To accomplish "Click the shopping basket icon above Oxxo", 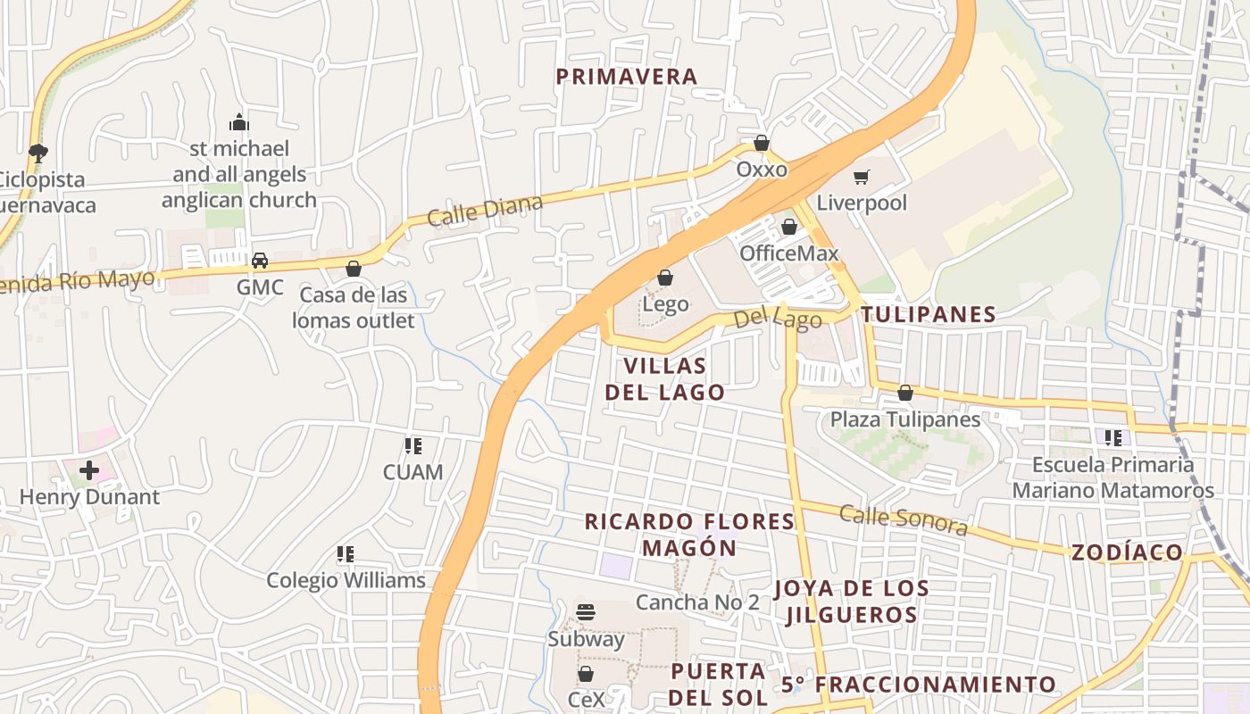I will tap(762, 143).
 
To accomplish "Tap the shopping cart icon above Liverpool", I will tap(861, 177).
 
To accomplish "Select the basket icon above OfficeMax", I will tap(789, 228).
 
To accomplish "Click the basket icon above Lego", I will tap(665, 278).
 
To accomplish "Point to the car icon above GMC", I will tap(260, 261).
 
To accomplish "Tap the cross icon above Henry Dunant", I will tap(89, 469).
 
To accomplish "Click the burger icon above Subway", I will tap(586, 612).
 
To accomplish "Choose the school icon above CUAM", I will tap(412, 445).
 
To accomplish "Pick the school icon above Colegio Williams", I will tap(346, 554).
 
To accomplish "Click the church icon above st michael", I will tap(238, 122).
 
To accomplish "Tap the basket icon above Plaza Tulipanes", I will tap(905, 393).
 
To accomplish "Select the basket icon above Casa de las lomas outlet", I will tap(354, 269).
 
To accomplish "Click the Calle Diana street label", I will tap(485, 211).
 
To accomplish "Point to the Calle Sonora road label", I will tap(904, 520).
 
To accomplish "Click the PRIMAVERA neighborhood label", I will tap(627, 77).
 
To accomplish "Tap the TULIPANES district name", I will tap(929, 314).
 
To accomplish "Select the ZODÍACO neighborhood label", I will tap(1127, 552).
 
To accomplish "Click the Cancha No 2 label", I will tap(697, 602).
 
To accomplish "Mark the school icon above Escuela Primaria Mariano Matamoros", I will tap(1112, 438).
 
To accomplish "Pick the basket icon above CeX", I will tap(586, 674).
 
